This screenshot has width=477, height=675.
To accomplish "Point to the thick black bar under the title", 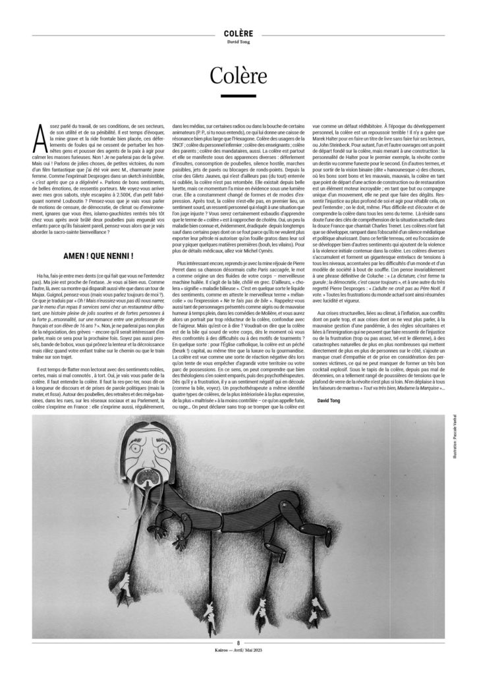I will pyautogui.click(x=238, y=97).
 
